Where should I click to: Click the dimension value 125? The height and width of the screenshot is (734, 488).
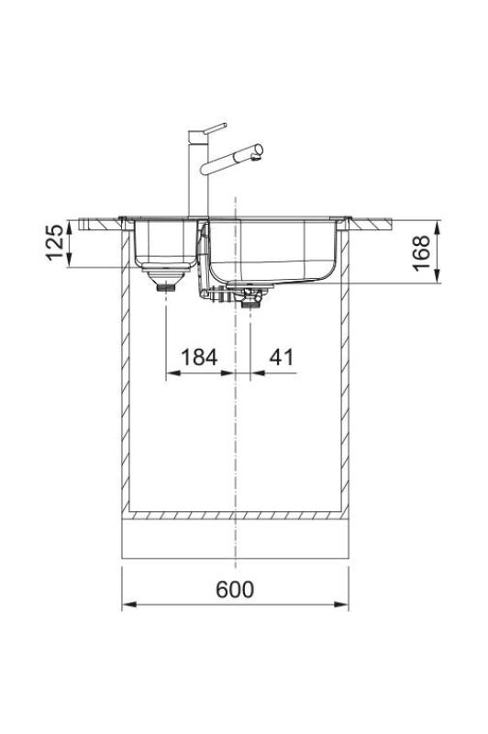tap(56, 243)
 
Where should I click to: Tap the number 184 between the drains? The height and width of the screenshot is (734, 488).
tap(199, 357)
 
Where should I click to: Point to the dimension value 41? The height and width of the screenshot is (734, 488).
tap(282, 357)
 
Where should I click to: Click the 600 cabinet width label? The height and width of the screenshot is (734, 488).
tap(235, 589)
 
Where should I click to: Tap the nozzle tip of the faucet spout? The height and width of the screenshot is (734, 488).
tap(260, 148)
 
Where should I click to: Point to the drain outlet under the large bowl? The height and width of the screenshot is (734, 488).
tap(252, 297)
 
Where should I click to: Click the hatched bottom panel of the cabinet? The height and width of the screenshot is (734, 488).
tap(235, 517)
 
